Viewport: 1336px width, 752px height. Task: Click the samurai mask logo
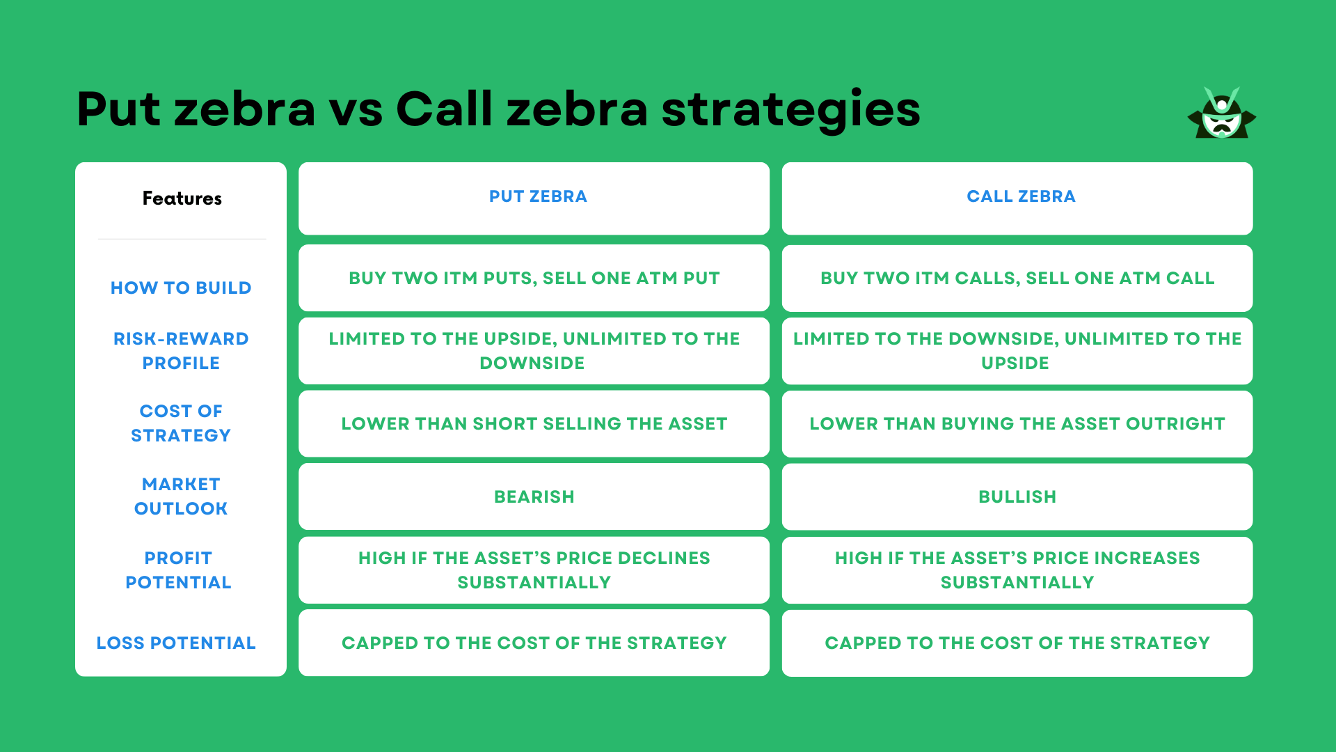pyautogui.click(x=1221, y=113)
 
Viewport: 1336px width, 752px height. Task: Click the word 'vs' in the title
pyautogui.click(x=356, y=110)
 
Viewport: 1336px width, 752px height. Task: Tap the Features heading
pyautogui.click(x=182, y=198)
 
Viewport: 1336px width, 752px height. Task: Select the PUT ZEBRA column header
pyautogui.click(x=538, y=196)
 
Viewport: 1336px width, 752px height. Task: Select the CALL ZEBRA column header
pyautogui.click(x=1021, y=196)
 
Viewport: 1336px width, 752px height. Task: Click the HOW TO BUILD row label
pyautogui.click(x=181, y=288)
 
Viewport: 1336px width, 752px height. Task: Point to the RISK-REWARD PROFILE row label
pyautogui.click(x=181, y=350)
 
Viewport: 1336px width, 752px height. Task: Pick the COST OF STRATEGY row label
pyautogui.click(x=181, y=423)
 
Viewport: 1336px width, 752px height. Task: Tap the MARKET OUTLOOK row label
pyautogui.click(x=181, y=496)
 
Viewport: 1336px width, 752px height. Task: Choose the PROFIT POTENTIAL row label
pyautogui.click(x=178, y=570)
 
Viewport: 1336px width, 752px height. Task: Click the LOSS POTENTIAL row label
pyautogui.click(x=176, y=643)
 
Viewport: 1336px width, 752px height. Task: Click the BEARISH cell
pyautogui.click(x=534, y=496)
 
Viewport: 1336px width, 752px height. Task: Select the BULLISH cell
pyautogui.click(x=1017, y=496)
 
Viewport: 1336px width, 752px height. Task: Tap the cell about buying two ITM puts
pyautogui.click(x=534, y=278)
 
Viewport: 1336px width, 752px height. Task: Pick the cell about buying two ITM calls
pyautogui.click(x=1017, y=278)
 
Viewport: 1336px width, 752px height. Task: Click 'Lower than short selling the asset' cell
pyautogui.click(x=534, y=423)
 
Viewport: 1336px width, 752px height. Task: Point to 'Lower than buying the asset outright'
pyautogui.click(x=1017, y=423)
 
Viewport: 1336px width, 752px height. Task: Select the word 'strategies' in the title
pyautogui.click(x=790, y=110)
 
